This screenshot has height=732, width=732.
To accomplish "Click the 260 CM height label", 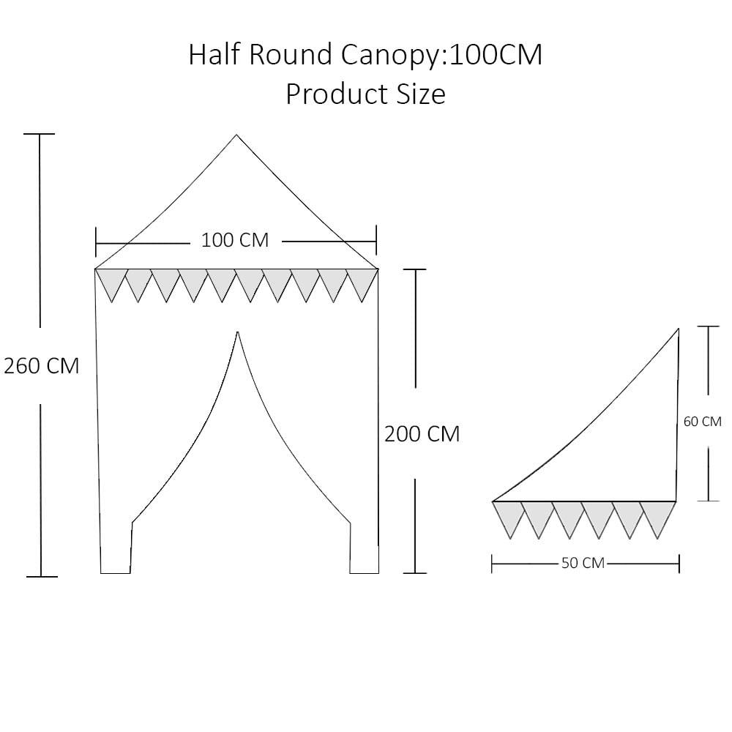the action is [x=42, y=365].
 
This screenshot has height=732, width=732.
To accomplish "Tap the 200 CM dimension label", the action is [x=422, y=433].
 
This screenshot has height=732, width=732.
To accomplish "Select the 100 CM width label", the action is [x=235, y=240].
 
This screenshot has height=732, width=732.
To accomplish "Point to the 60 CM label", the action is [x=702, y=422].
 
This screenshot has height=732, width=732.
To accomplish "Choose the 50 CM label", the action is [x=583, y=563].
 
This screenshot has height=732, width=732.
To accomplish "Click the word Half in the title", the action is [x=214, y=54].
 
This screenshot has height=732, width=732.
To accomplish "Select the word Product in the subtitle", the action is [x=337, y=94].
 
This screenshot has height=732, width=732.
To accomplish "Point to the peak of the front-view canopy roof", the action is [x=236, y=135].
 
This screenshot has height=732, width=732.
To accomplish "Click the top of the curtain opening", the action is [x=238, y=332].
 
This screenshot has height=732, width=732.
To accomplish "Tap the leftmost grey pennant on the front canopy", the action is [x=111, y=285].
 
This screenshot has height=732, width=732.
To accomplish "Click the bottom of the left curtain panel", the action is [x=116, y=572].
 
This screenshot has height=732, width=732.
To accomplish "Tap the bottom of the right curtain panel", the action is [x=364, y=572].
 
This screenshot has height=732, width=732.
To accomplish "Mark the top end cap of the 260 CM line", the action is [x=40, y=134].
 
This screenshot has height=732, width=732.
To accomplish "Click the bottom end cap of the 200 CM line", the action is [x=415, y=573].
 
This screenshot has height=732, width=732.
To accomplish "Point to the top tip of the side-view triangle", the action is [x=678, y=329].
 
